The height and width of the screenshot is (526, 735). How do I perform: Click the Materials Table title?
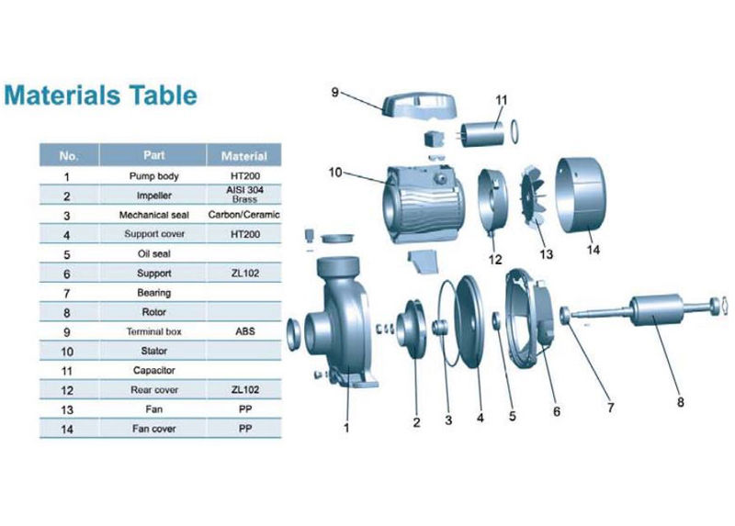100,95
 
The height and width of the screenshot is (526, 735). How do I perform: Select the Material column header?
243,156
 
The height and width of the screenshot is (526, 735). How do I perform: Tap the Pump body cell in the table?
153,176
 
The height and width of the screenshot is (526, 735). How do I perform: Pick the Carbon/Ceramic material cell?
243,215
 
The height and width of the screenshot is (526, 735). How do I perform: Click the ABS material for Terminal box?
245,331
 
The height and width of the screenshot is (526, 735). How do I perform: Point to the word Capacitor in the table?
153,370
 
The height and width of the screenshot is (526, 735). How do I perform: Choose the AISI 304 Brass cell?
244,195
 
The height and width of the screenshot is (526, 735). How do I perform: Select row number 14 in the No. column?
67,429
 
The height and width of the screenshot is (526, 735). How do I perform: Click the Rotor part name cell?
153,312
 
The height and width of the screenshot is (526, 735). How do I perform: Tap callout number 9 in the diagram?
334,92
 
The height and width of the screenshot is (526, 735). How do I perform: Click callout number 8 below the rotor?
680,402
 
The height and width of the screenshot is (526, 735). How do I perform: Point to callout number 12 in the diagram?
495,260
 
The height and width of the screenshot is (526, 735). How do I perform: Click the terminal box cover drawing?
420,106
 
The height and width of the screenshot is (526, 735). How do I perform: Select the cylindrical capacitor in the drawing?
482,134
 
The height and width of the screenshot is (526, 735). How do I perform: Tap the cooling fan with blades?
533,196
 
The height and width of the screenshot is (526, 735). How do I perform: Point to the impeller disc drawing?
411,329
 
